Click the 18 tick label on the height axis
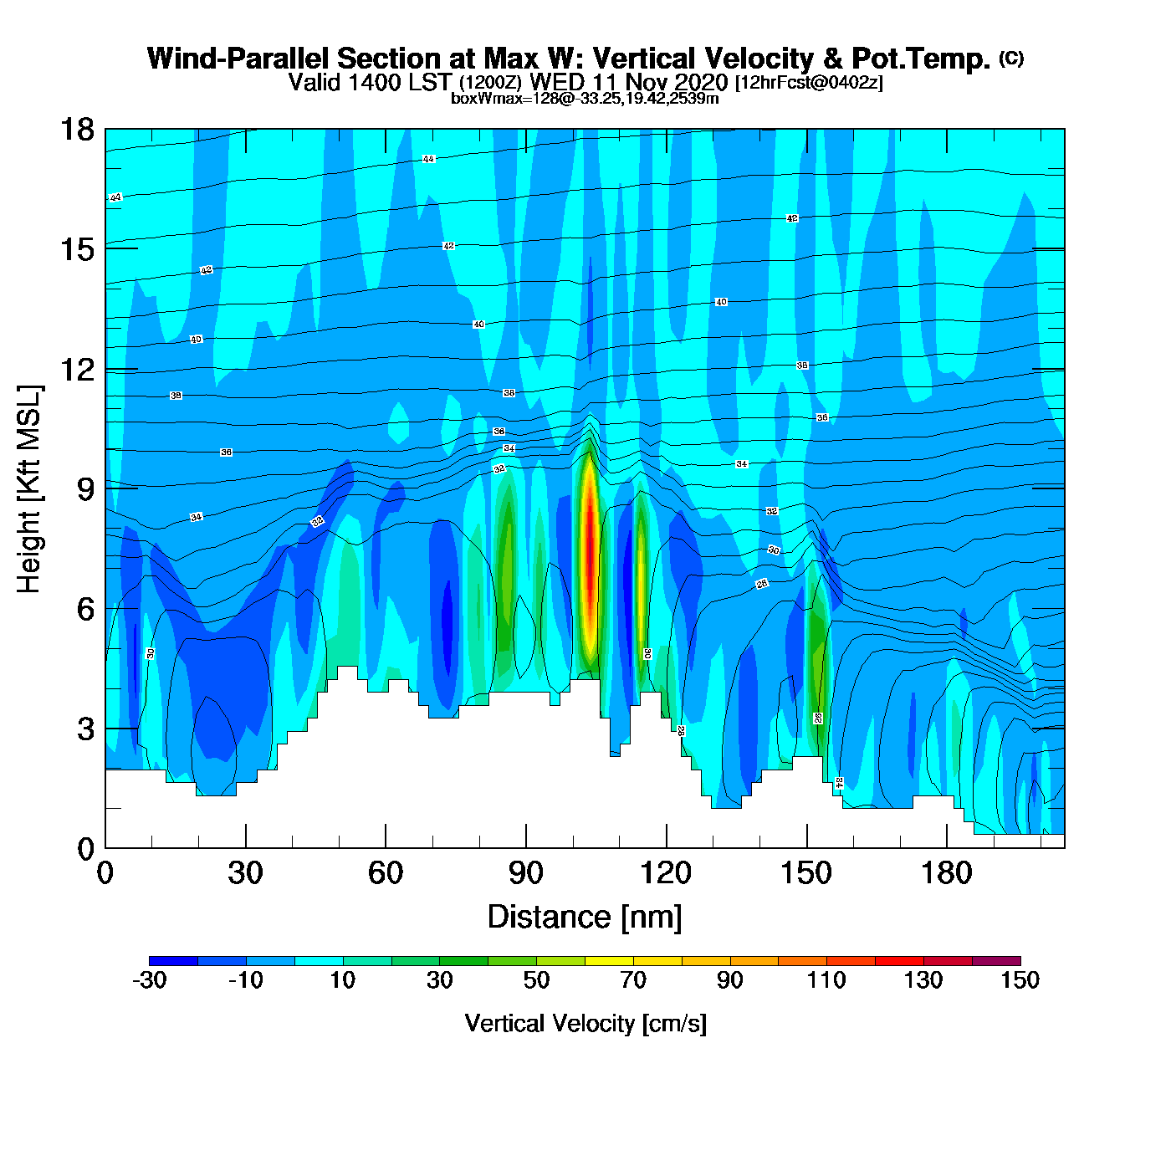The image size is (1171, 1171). pyautogui.click(x=76, y=130)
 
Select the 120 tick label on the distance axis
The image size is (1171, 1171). pyautogui.click(x=666, y=873)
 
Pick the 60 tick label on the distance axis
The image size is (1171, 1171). pyautogui.click(x=386, y=873)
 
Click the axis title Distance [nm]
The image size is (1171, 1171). pyautogui.click(x=585, y=917)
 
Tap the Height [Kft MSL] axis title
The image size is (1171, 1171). pyautogui.click(x=30, y=489)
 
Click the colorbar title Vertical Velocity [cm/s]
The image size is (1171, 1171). pyautogui.click(x=585, y=1023)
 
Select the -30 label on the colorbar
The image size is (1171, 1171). pyautogui.click(x=150, y=980)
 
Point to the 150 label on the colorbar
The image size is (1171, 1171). pyautogui.click(x=1020, y=980)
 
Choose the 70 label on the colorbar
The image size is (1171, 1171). pyautogui.click(x=633, y=980)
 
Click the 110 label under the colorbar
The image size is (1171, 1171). pyautogui.click(x=826, y=980)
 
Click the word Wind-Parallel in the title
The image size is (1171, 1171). pyautogui.click(x=238, y=59)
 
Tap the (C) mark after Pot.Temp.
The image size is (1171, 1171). pyautogui.click(x=1011, y=58)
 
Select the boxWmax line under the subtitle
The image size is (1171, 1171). pyautogui.click(x=585, y=98)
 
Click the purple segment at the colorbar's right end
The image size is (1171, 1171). pyautogui.click(x=996, y=960)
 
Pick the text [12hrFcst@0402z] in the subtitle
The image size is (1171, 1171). pyautogui.click(x=809, y=83)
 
